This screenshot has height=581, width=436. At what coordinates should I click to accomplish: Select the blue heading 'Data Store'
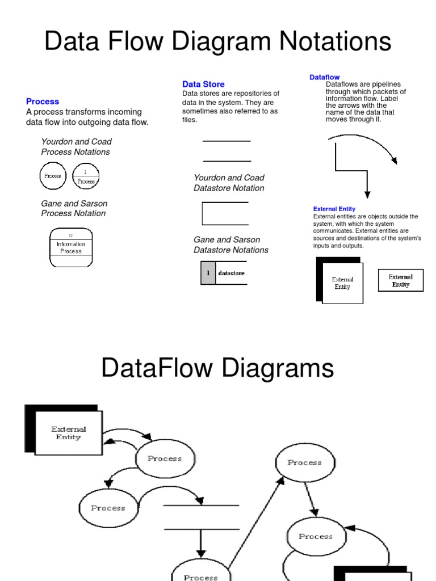coord(203,84)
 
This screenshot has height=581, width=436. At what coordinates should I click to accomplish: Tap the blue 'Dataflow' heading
coord(324,77)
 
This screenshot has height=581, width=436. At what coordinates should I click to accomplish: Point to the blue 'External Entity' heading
coord(334,209)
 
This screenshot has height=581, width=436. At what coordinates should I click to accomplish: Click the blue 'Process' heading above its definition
coord(43,102)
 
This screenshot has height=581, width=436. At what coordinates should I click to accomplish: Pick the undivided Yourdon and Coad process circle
coord(53,176)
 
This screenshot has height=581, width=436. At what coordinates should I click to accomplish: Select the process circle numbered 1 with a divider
coord(86,176)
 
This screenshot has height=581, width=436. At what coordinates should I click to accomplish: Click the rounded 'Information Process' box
coord(70,247)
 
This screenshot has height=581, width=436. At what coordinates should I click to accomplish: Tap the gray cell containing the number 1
coord(208,273)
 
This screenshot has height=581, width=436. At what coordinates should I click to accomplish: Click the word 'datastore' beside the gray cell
coord(232,273)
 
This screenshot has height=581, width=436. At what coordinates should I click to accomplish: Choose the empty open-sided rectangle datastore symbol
coord(225,214)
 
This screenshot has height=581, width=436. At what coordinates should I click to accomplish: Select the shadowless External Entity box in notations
coord(401,280)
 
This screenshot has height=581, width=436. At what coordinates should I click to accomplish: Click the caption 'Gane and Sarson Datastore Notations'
coord(231,245)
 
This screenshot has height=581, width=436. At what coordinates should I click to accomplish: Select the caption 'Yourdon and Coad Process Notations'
coord(76,146)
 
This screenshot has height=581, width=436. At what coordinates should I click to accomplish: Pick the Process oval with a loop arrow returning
coord(316,536)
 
